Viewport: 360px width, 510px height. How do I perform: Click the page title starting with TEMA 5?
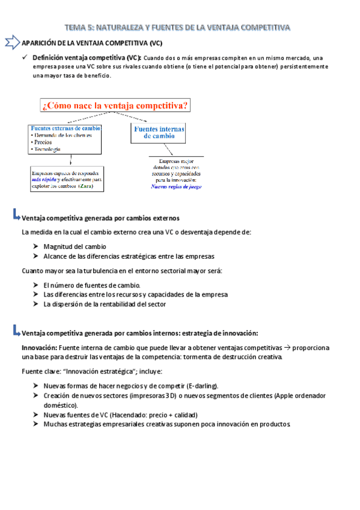(x=177, y=27)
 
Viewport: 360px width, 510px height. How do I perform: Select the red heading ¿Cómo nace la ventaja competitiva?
(x=115, y=106)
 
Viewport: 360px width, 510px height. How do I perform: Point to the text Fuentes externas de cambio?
(x=65, y=128)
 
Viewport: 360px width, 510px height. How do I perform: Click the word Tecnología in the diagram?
(x=47, y=149)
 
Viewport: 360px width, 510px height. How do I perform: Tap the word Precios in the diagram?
(x=43, y=142)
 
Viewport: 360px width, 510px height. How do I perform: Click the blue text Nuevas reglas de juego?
(x=176, y=186)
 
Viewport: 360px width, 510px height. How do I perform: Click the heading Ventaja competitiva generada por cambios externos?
(x=100, y=217)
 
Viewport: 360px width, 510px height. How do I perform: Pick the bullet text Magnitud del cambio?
(x=75, y=247)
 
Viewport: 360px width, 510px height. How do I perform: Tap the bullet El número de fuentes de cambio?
(x=91, y=284)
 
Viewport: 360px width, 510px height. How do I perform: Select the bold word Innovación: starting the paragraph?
(x=39, y=348)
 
